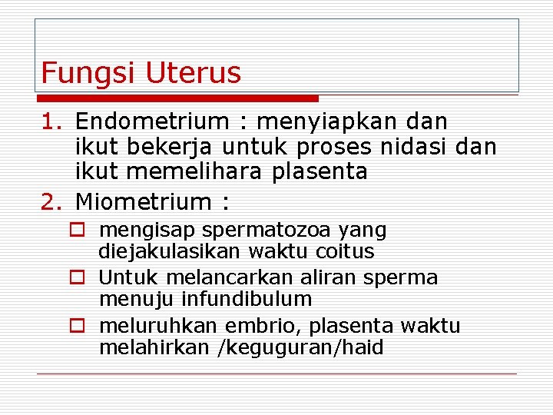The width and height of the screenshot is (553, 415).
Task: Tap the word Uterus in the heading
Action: click(193, 74)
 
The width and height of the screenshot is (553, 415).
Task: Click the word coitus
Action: click(344, 251)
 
